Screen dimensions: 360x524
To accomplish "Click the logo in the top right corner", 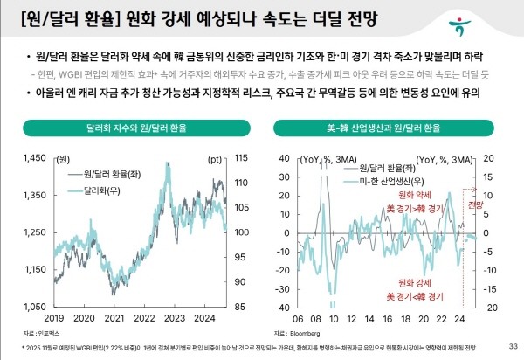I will [500, 19].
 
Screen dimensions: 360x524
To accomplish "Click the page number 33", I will [513, 346].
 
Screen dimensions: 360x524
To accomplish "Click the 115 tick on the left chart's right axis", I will [240, 158].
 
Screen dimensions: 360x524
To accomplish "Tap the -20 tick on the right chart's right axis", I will [491, 308].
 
